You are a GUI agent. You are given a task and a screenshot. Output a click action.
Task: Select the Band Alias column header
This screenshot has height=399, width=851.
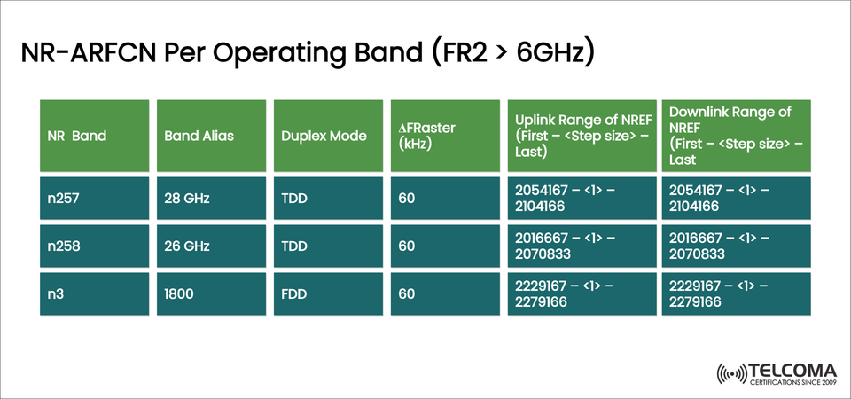point(210,136)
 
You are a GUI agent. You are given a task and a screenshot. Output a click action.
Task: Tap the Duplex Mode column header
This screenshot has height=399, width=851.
point(327,136)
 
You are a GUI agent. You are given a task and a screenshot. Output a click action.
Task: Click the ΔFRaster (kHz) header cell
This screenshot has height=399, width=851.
point(444,136)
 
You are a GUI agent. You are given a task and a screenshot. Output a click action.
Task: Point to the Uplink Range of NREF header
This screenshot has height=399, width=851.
point(582,136)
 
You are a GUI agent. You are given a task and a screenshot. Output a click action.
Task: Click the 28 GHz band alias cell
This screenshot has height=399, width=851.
point(210,199)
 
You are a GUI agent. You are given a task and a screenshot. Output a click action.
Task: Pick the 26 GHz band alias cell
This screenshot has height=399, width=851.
point(210,246)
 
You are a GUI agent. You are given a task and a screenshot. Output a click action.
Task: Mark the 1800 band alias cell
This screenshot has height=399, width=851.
point(210,293)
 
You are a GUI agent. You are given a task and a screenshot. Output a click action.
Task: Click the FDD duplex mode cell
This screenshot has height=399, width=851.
point(327,293)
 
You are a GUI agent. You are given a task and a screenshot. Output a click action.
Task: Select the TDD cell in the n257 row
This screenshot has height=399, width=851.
point(327,199)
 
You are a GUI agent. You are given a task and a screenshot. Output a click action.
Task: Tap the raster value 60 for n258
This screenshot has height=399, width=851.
point(444,246)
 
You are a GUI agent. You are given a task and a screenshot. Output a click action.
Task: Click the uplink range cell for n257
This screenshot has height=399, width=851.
point(582,199)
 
